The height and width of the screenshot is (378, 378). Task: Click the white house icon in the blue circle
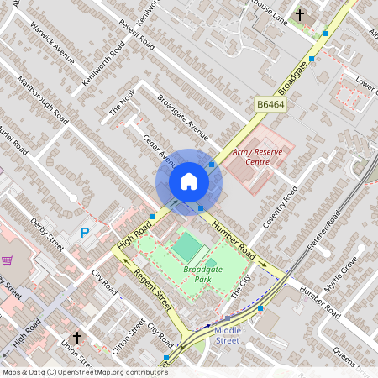pos(189,181)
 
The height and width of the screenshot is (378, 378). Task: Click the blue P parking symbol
pos(84,233)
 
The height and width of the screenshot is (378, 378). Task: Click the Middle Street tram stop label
pos(227,335)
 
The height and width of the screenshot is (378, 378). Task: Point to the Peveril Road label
pos(137,34)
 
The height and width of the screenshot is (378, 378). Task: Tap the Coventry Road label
pos(281,207)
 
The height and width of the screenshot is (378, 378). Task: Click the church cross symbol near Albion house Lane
pos(300,15)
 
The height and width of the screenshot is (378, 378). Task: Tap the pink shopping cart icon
pos(8,260)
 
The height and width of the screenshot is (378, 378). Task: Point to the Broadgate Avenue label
pos(182,117)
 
